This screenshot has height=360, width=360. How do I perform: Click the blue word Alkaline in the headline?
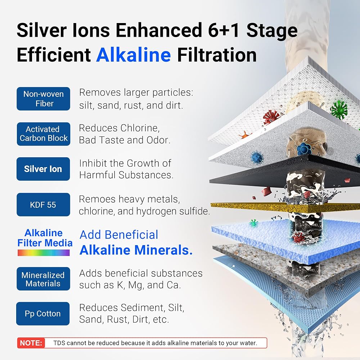pos(134,55)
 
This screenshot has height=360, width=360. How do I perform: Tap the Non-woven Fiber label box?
pos(44,99)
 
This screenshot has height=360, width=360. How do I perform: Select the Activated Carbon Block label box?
pos(44,134)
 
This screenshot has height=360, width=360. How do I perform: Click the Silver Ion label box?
pos(43,169)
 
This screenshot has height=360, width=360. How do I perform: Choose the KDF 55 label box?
pos(44,204)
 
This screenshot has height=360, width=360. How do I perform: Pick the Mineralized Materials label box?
pos(44,279)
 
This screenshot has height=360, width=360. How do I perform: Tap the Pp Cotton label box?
pos(43,314)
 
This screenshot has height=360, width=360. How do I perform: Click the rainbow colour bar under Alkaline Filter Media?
pos(44,253)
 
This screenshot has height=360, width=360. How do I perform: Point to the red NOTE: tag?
pos(31,343)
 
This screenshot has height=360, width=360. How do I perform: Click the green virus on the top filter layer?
pos(339,110)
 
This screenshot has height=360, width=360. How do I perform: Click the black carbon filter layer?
pos(285,171)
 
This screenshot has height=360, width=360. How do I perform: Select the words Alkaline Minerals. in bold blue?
pos(136,250)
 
